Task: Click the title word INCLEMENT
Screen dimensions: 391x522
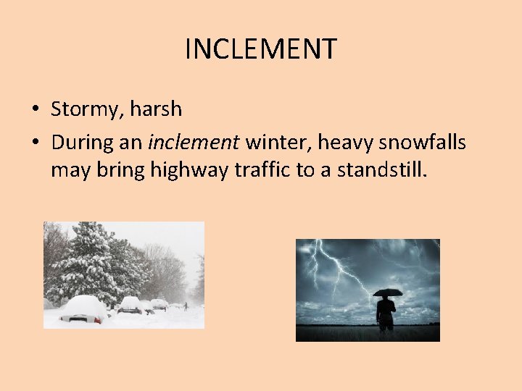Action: (260, 49)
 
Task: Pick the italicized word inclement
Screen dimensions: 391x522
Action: (193, 142)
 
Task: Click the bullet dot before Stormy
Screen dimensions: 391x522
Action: (35, 111)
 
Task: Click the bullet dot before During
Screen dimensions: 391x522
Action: (35, 143)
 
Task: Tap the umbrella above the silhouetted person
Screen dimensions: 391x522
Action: (387, 293)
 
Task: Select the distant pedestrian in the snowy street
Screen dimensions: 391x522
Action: (185, 306)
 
